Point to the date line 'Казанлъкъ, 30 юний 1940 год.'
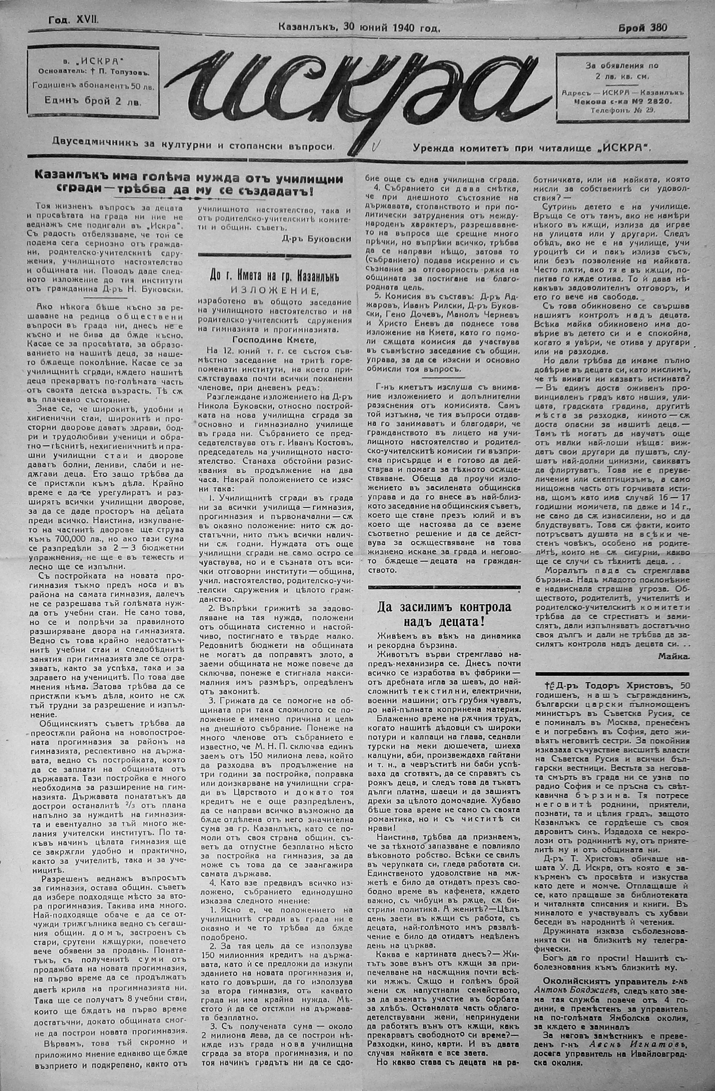coord(359,28)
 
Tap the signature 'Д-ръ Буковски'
coord(317,239)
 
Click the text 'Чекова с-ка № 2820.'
coord(622,101)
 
